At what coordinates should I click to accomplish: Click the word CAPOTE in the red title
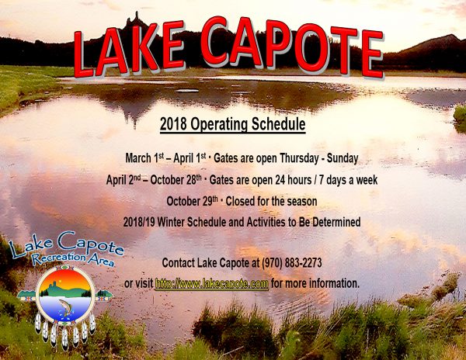(292, 47)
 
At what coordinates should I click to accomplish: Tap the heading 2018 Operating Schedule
(233, 124)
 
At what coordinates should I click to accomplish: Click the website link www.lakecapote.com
(212, 283)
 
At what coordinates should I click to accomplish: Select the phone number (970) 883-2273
(291, 263)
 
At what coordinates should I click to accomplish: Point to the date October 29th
(193, 201)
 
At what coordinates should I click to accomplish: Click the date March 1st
(144, 158)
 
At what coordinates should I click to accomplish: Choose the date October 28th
(176, 180)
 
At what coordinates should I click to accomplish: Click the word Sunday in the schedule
(343, 158)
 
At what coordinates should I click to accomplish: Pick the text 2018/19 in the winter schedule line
(139, 222)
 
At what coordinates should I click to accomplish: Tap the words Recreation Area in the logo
(73, 258)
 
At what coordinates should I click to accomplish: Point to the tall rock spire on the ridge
(137, 19)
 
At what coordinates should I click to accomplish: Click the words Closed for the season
(271, 201)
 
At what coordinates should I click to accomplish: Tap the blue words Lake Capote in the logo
(66, 244)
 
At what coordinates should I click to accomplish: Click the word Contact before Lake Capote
(179, 263)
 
